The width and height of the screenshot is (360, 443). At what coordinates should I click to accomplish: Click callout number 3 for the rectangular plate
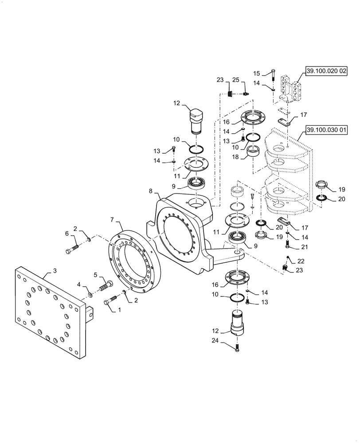(55, 270)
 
